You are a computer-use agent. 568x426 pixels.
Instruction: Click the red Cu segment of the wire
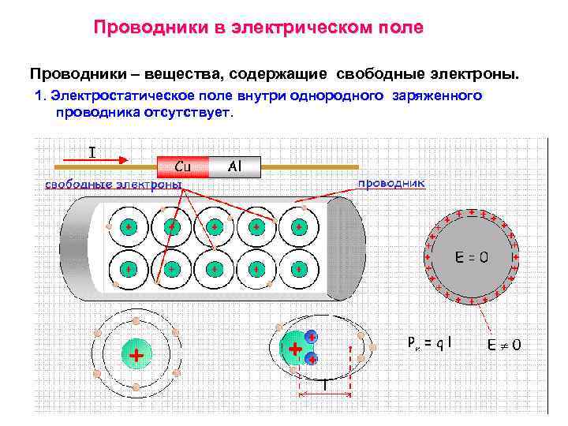[x=182, y=166]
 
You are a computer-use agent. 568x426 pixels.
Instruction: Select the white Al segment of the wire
[x=234, y=166]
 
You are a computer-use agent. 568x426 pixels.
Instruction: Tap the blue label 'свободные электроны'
[x=113, y=185]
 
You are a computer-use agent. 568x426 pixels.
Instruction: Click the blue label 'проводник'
[x=392, y=183]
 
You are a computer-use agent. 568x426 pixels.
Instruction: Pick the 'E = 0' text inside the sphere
[x=472, y=256]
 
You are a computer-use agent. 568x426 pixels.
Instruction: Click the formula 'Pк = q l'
[x=431, y=343]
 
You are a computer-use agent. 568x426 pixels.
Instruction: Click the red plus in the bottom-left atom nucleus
[x=136, y=356]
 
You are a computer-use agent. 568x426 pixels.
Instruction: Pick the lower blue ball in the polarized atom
[x=312, y=359]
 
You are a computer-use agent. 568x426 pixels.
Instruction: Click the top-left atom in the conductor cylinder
[x=127, y=227]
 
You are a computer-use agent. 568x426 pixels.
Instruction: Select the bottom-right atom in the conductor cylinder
[x=299, y=268]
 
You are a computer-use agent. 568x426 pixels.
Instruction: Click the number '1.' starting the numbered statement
[x=43, y=96]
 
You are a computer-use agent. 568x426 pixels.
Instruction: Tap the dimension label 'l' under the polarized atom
[x=325, y=384]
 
